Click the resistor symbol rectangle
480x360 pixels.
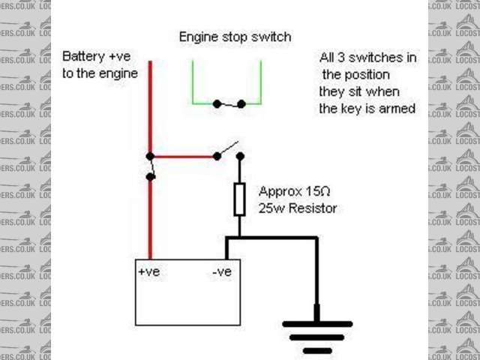(x=240, y=199)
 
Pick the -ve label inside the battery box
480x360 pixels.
(x=221, y=272)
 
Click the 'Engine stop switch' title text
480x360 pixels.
(x=235, y=37)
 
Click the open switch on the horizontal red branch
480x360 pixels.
(x=229, y=150)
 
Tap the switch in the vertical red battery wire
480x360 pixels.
(x=151, y=166)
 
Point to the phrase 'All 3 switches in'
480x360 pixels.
(x=367, y=58)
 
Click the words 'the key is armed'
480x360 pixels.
(x=367, y=108)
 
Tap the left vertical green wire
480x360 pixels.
(x=193, y=79)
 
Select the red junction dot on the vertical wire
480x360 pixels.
(x=151, y=156)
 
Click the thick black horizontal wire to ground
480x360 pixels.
(x=274, y=239)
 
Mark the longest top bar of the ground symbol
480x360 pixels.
(x=315, y=324)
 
